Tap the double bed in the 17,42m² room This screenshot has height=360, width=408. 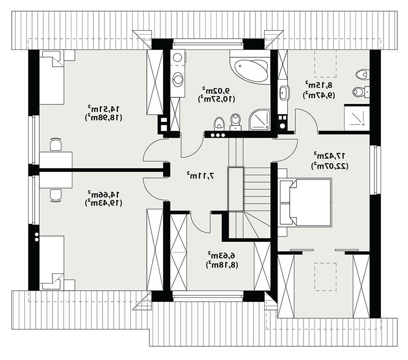coord(305,202)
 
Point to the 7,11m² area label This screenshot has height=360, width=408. coord(200,175)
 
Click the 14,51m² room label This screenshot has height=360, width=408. coord(104,108)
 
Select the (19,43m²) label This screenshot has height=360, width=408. coord(104,203)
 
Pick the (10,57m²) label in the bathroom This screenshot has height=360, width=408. coord(216,99)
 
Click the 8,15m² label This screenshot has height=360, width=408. coord(319,85)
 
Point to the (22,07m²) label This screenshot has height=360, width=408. coord(329,166)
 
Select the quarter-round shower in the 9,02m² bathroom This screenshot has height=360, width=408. coord(260,120)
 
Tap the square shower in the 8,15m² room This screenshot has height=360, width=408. coord(356,118)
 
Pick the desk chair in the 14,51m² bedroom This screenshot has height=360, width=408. coord(56,144)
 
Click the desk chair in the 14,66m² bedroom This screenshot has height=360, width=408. coord(56,195)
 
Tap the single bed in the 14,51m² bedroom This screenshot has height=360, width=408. coord(52,78)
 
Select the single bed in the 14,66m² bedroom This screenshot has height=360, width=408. coord(52,263)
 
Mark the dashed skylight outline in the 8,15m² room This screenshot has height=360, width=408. coord(325,63)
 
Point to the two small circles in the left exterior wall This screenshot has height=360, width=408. coord(37,237)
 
